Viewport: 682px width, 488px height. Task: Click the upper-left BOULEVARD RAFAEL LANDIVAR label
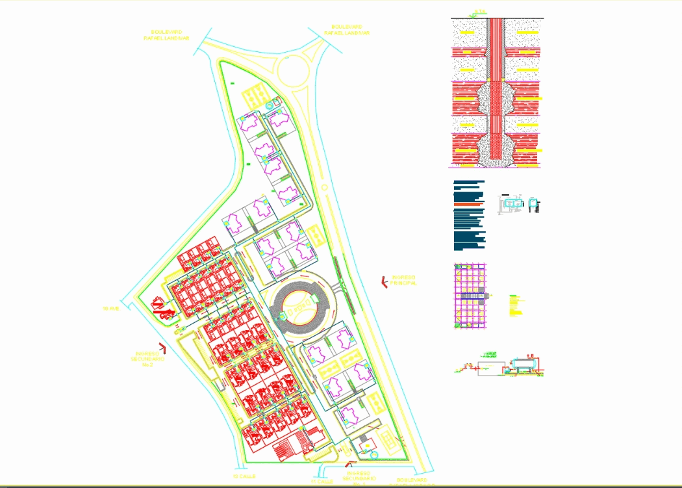[166, 34]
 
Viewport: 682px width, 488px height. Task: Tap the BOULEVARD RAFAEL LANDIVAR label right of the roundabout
[347, 30]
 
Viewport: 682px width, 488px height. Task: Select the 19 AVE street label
[112, 307]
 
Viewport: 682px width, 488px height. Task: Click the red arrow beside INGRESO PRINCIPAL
[384, 281]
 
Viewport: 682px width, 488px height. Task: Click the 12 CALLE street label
[244, 476]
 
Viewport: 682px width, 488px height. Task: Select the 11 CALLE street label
[322, 482]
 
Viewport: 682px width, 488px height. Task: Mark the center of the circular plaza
[299, 305]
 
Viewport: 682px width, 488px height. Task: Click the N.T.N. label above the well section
[479, 11]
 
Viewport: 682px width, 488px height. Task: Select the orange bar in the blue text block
[469, 205]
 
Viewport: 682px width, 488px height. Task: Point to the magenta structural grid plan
[471, 296]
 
